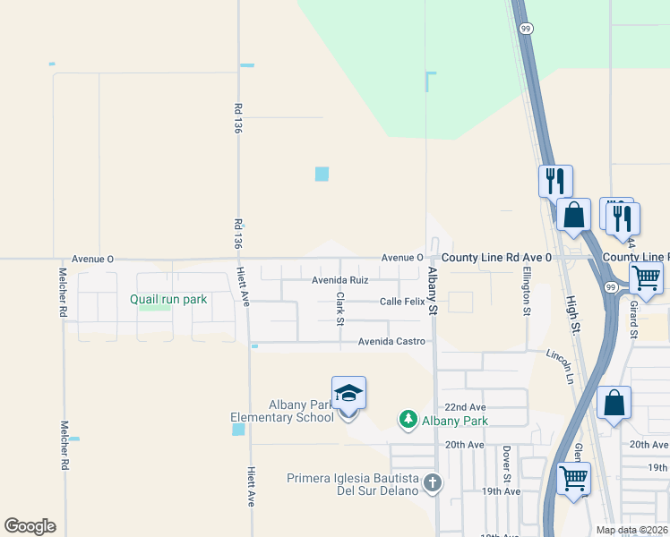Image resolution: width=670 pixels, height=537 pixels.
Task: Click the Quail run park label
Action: tap(168, 300)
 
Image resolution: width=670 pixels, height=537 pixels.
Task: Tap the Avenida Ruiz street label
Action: tap(339, 280)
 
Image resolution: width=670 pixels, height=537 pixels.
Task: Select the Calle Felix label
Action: tap(401, 302)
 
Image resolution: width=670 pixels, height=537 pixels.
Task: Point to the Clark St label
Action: tap(340, 309)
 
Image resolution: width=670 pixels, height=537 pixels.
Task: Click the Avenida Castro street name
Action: tap(391, 341)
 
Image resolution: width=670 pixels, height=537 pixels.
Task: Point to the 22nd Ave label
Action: tap(464, 406)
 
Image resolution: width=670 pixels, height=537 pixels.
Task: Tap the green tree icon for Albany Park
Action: tap(408, 419)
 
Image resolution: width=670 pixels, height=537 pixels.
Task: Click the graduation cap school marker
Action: tap(348, 393)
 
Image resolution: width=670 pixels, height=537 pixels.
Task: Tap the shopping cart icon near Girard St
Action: tap(646, 277)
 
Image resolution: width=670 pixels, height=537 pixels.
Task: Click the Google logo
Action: tap(30, 526)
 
